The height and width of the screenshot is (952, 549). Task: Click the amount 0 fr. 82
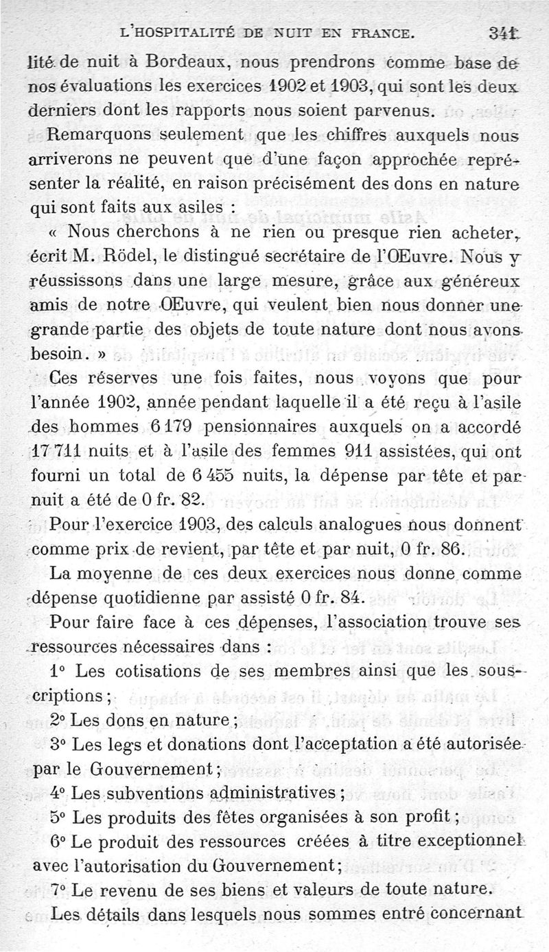coord(160,501)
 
